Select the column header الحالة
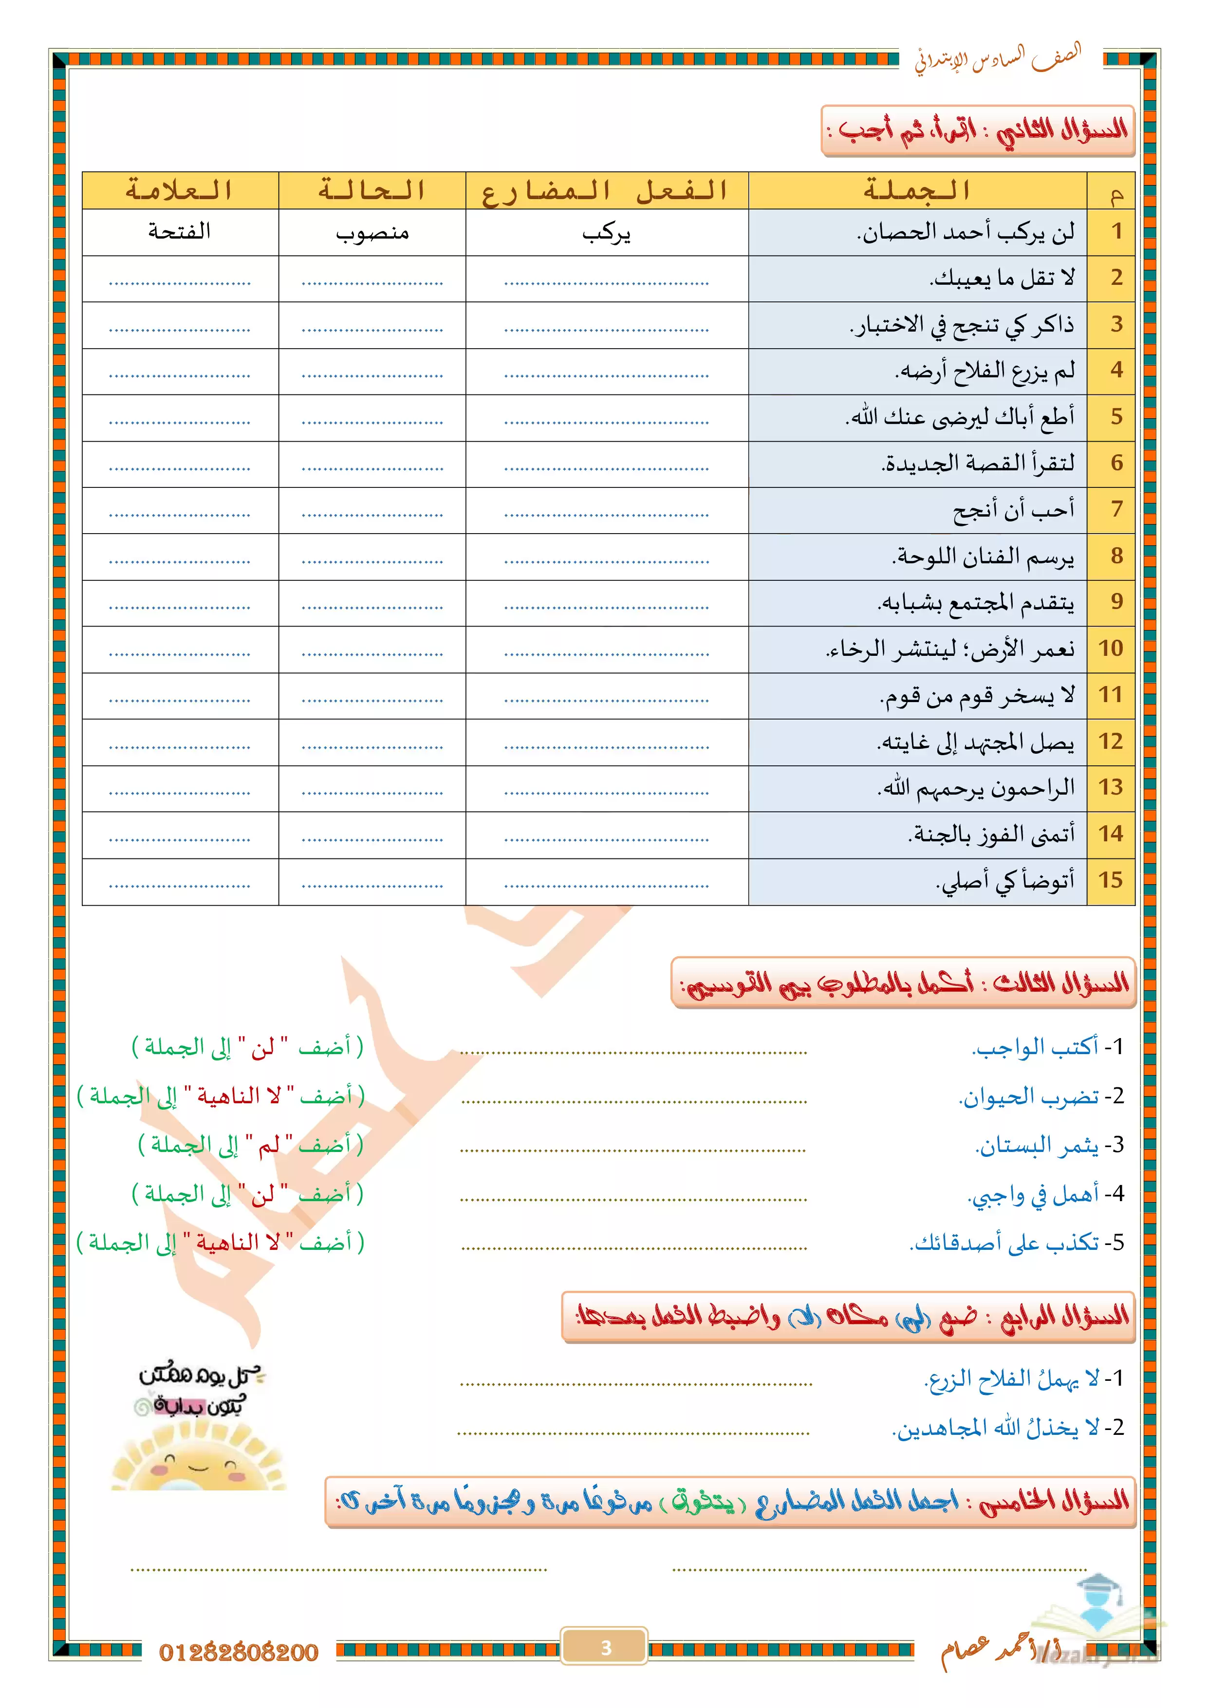click(372, 191)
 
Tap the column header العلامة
click(179, 191)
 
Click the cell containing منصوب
click(372, 233)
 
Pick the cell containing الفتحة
click(179, 232)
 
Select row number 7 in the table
click(1116, 510)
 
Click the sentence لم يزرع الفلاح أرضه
click(985, 371)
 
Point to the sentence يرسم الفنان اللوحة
click(984, 557)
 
